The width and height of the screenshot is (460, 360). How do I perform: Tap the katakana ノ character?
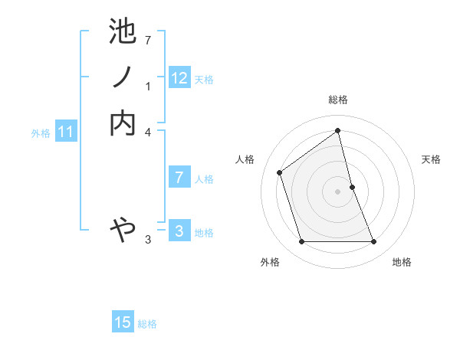point(123,77)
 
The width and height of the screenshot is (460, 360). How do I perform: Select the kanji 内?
point(123,123)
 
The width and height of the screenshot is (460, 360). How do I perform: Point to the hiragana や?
point(123,227)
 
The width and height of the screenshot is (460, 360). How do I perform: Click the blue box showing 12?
point(179,77)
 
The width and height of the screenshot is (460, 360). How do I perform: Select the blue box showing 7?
point(179,178)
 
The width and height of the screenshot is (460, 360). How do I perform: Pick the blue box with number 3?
point(179,231)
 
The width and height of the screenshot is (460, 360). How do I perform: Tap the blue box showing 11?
point(66,132)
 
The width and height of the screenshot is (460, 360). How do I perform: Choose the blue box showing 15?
point(123,322)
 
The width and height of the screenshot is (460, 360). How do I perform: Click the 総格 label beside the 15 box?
point(147,324)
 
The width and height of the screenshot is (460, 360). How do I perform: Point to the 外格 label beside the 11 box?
point(41,133)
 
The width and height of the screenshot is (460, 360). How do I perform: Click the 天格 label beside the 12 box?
point(204,79)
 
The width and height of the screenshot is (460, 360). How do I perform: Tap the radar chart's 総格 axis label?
point(338,100)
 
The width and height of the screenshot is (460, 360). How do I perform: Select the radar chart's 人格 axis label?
point(245,159)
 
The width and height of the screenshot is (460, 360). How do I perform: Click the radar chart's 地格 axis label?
point(402,262)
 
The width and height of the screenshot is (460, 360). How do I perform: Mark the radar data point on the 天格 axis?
point(352,187)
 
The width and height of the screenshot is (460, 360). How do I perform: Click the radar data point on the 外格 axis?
point(301,242)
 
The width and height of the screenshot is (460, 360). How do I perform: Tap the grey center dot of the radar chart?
point(338,191)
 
